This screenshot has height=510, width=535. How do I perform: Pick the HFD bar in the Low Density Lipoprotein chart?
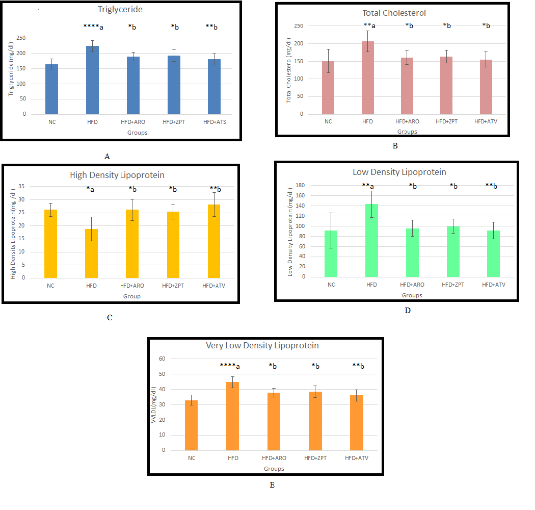[x=372, y=240]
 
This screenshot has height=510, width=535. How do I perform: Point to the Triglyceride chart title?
[x=120, y=10]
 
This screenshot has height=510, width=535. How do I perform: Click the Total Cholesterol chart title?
[x=394, y=13]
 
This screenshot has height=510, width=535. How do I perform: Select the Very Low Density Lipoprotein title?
[x=262, y=345]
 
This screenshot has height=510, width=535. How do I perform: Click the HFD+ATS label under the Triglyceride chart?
[x=215, y=122]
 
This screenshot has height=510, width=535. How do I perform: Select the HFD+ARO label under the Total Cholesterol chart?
[x=407, y=121]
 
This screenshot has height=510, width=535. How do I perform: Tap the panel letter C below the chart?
[x=110, y=318]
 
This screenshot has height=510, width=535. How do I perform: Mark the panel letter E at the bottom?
[x=272, y=485]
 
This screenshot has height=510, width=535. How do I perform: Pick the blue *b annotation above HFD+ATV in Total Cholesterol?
[x=486, y=25]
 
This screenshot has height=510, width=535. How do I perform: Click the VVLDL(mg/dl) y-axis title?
[x=153, y=404]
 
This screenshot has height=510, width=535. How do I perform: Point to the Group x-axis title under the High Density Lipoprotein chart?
[x=131, y=296]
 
